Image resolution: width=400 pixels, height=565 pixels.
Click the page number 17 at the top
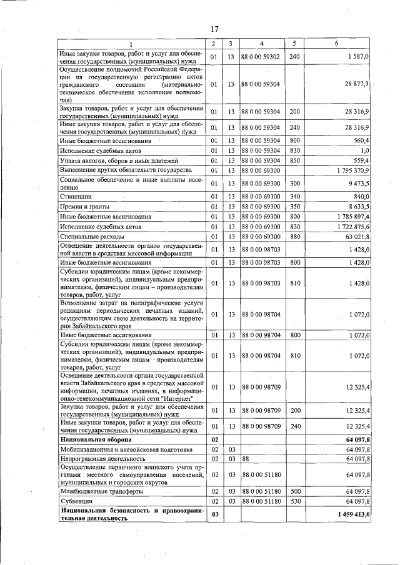click(214, 29)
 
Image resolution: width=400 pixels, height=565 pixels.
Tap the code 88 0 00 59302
click(261, 57)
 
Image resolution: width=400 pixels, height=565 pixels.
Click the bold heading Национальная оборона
click(92, 440)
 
